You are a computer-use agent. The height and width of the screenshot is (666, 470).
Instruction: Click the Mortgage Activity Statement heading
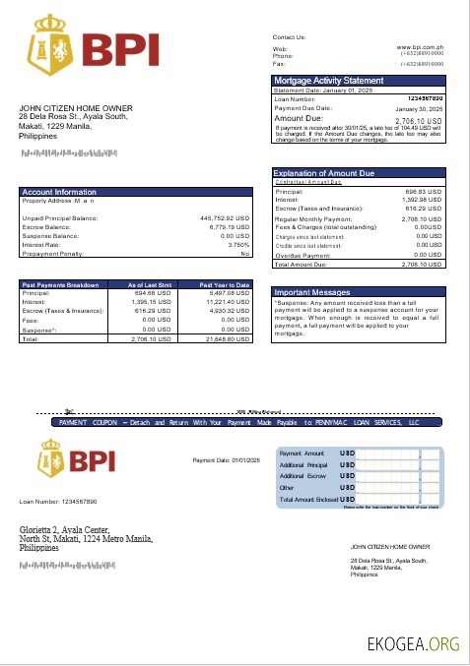329,81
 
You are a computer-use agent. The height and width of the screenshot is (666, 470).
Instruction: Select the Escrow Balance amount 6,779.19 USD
230,227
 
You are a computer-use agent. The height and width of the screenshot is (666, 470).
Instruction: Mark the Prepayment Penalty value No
245,254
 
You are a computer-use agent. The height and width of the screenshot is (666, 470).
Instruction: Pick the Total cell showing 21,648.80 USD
228,338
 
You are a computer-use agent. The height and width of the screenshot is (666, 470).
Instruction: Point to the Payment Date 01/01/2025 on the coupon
226,460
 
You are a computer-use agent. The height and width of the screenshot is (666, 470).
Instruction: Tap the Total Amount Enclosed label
307,499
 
